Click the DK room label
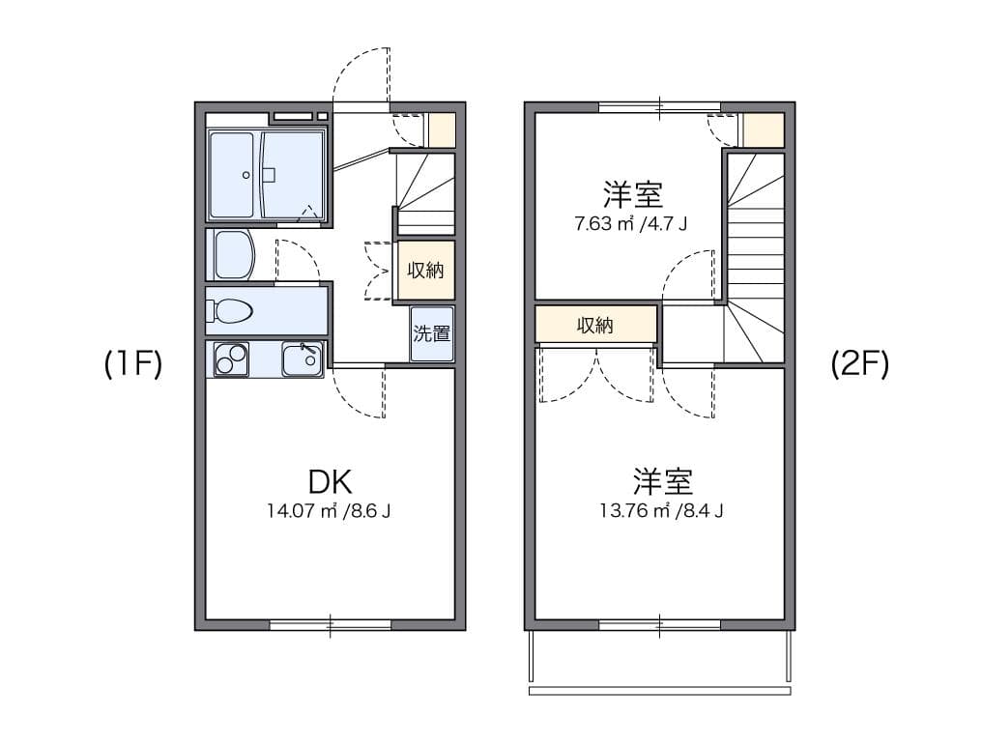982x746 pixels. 330,481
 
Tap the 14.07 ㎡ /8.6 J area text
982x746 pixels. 329,511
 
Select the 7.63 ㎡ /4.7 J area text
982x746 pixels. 630,223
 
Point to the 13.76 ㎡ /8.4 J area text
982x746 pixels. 661,511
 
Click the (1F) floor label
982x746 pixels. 133,364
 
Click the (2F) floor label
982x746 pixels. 860,364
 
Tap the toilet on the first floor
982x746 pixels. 232,310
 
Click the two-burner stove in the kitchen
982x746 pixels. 231,359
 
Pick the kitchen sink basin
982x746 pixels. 302,359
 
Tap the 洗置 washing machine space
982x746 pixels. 431,333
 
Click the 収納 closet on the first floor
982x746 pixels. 426,270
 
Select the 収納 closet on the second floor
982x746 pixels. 595,325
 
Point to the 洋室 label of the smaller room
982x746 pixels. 632,195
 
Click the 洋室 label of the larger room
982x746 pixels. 663,482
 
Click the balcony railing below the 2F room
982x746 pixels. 659,691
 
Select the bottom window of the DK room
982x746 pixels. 330,624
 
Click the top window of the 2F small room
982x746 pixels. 660,107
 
